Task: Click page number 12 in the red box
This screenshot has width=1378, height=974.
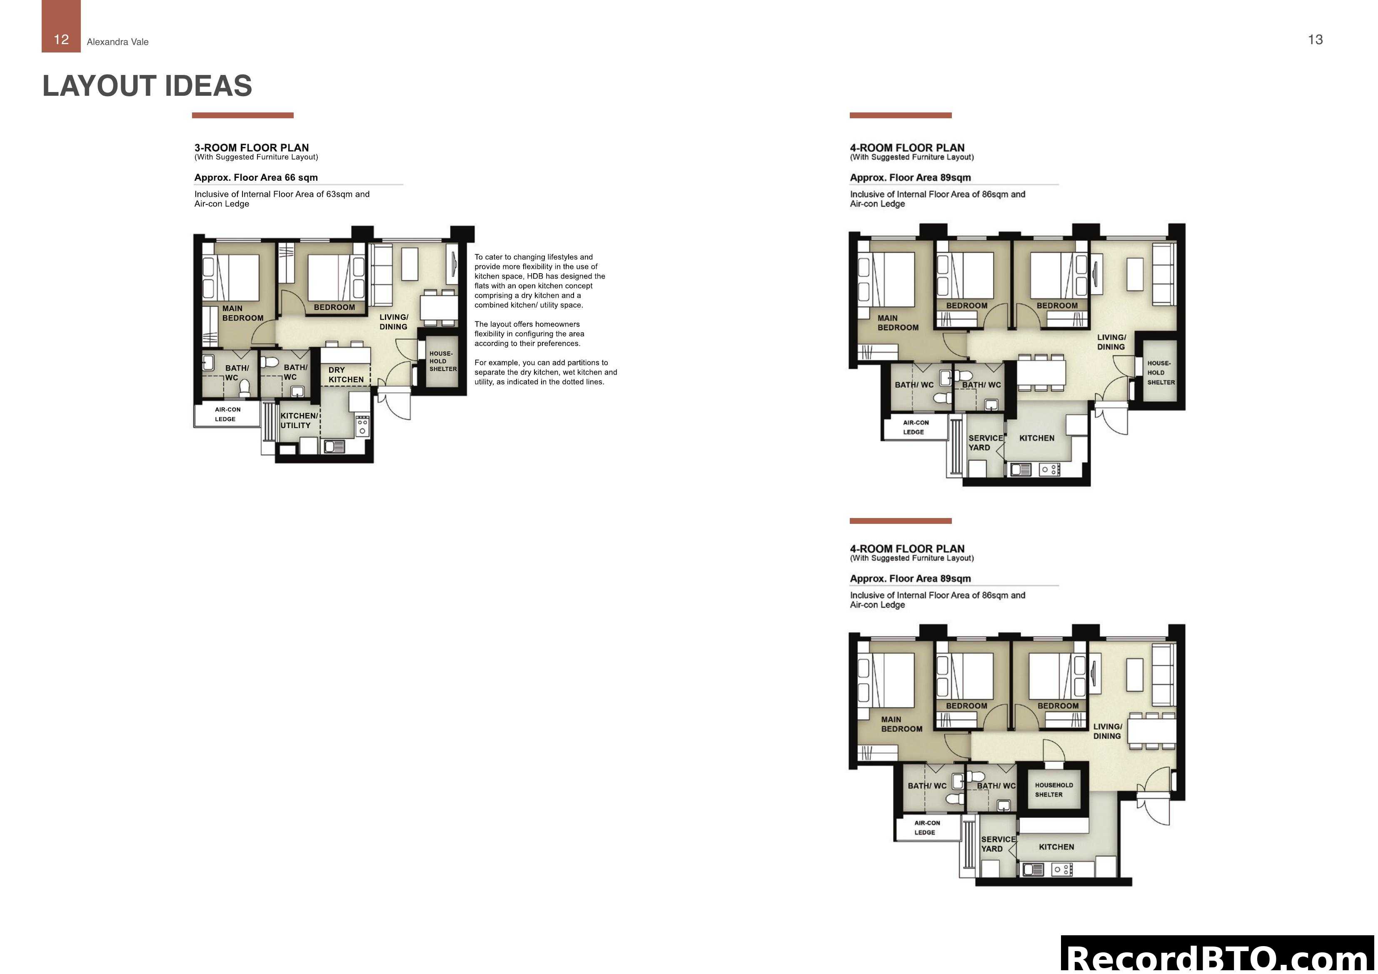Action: click(61, 40)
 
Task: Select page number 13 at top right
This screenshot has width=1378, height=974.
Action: click(1315, 40)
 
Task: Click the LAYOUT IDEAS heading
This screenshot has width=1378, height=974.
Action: click(147, 86)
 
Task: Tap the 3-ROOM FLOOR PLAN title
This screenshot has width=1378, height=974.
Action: click(252, 148)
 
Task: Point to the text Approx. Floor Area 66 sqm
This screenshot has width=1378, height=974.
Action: click(256, 178)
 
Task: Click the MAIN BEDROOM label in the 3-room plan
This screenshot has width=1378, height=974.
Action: click(242, 313)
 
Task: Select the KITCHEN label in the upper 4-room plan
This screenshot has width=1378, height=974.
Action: click(1036, 438)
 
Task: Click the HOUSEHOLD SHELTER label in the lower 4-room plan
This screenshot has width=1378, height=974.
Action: click(1053, 790)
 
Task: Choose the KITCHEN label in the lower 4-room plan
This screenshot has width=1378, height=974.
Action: click(1056, 847)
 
